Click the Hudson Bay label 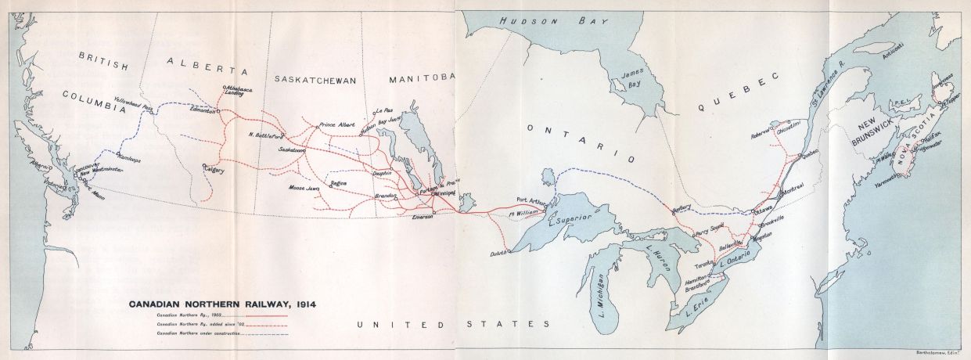(541, 21)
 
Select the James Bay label (630, 79)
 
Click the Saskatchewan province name (315, 80)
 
